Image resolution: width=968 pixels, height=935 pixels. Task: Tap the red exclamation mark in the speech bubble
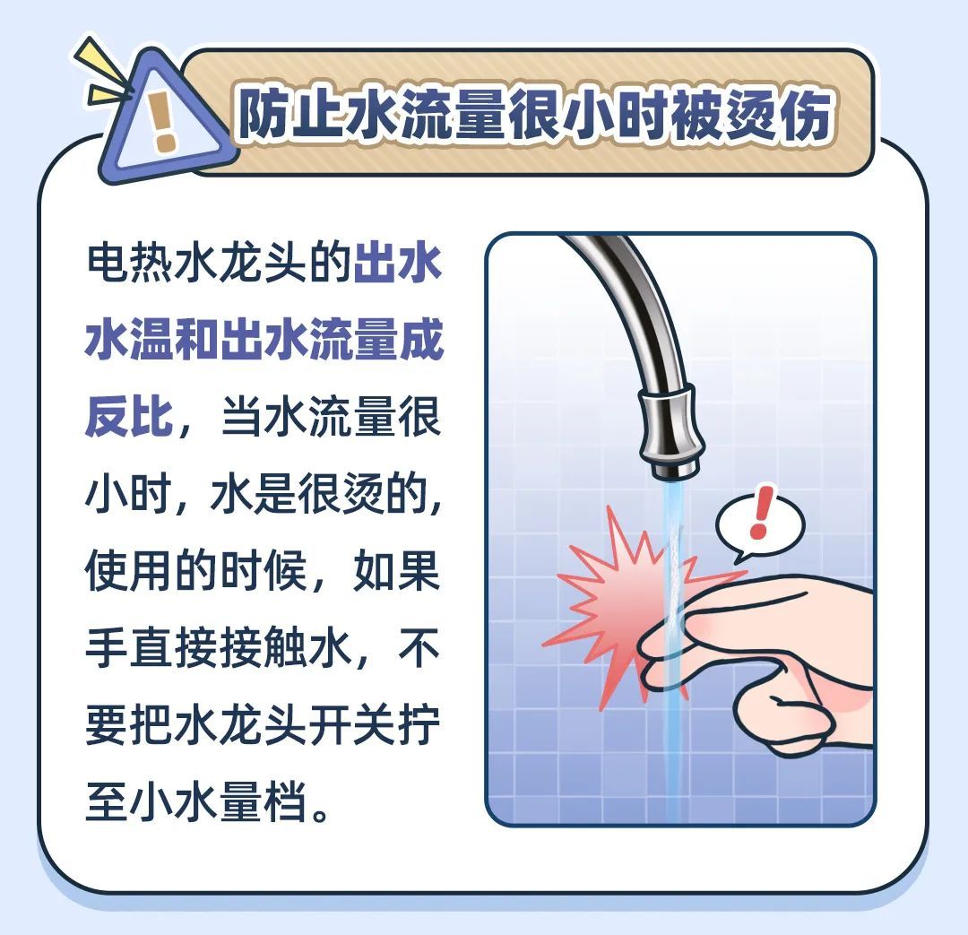(x=761, y=512)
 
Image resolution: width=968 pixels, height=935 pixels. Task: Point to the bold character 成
(x=421, y=339)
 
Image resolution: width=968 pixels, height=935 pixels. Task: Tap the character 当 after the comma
(x=243, y=416)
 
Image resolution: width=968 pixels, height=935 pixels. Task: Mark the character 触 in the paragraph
(x=287, y=646)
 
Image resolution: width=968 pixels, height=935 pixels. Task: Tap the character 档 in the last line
(x=287, y=801)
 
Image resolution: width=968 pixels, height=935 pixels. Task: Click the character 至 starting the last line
(x=108, y=801)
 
